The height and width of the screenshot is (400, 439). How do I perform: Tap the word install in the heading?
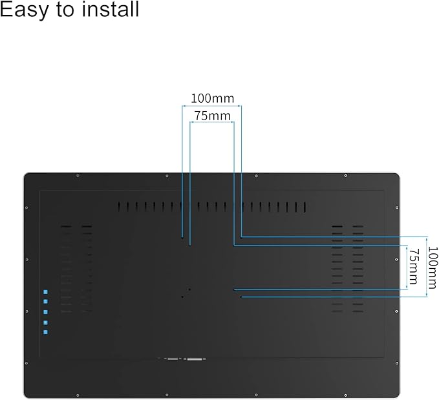pos(107,10)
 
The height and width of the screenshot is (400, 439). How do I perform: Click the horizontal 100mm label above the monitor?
pos(212,99)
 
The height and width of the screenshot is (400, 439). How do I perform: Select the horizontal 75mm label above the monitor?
pos(212,116)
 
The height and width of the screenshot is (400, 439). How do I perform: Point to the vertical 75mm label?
pos(414,267)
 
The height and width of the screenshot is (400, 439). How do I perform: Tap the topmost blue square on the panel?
pos(45,292)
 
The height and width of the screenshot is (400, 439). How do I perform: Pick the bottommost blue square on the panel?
pos(45,332)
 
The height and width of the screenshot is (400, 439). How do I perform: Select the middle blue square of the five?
pos(45,312)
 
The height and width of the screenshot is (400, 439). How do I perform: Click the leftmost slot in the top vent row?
pos(119,207)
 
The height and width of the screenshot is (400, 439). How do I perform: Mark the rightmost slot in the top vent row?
pos(305,207)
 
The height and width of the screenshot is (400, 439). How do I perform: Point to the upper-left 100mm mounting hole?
pos(182,237)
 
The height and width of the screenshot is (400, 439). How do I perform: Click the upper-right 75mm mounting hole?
pos(233,244)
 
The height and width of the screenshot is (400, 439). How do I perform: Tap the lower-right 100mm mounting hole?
pos(241,297)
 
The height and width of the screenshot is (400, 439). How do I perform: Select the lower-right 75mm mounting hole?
pos(234,289)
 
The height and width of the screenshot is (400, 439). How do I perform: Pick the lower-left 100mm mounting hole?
pos(182,297)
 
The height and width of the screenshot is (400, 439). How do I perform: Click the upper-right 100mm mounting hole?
pos(241,237)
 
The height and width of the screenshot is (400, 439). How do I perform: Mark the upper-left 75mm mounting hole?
pos(189,244)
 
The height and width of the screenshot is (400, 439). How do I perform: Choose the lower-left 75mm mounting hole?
pos(189,289)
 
